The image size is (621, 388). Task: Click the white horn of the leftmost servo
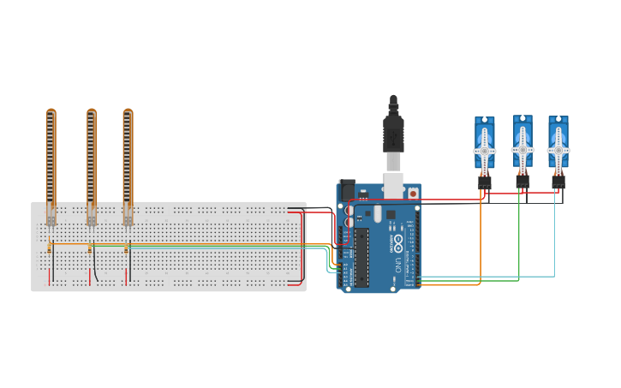[x=484, y=152]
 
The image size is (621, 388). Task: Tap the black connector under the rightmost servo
[x=558, y=182]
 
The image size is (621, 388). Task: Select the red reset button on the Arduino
[x=413, y=194]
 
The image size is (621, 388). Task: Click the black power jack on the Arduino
[x=347, y=189]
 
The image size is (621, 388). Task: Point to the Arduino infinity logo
[x=398, y=242]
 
